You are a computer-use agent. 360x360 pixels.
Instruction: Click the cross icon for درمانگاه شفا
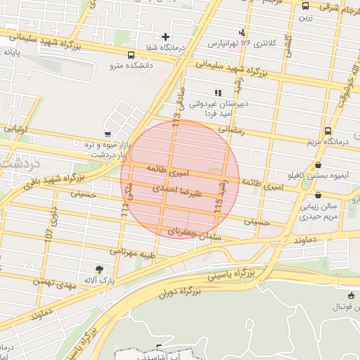165,37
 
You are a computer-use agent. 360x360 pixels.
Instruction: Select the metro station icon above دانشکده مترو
131,55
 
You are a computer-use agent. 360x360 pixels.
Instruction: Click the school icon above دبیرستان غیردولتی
218,92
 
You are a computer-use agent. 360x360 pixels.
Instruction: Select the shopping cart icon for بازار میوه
107,134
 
